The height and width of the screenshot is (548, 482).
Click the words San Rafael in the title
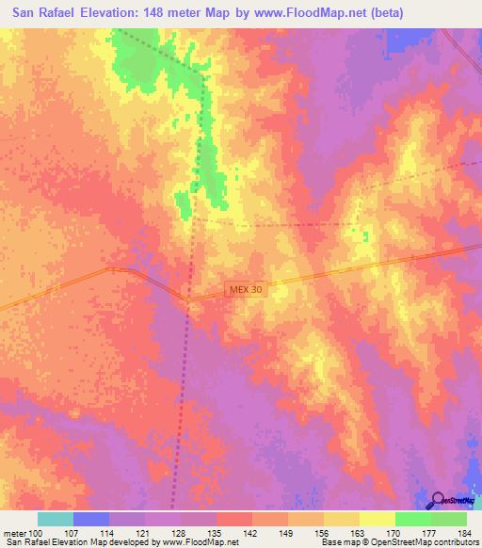tap(45, 13)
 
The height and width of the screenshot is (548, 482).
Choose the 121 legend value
tap(144, 533)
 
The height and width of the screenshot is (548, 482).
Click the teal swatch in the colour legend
tap(56, 519)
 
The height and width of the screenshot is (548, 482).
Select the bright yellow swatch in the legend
tap(377, 519)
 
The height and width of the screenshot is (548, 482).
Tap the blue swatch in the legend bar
tap(91, 519)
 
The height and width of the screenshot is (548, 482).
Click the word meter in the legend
tap(13, 533)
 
